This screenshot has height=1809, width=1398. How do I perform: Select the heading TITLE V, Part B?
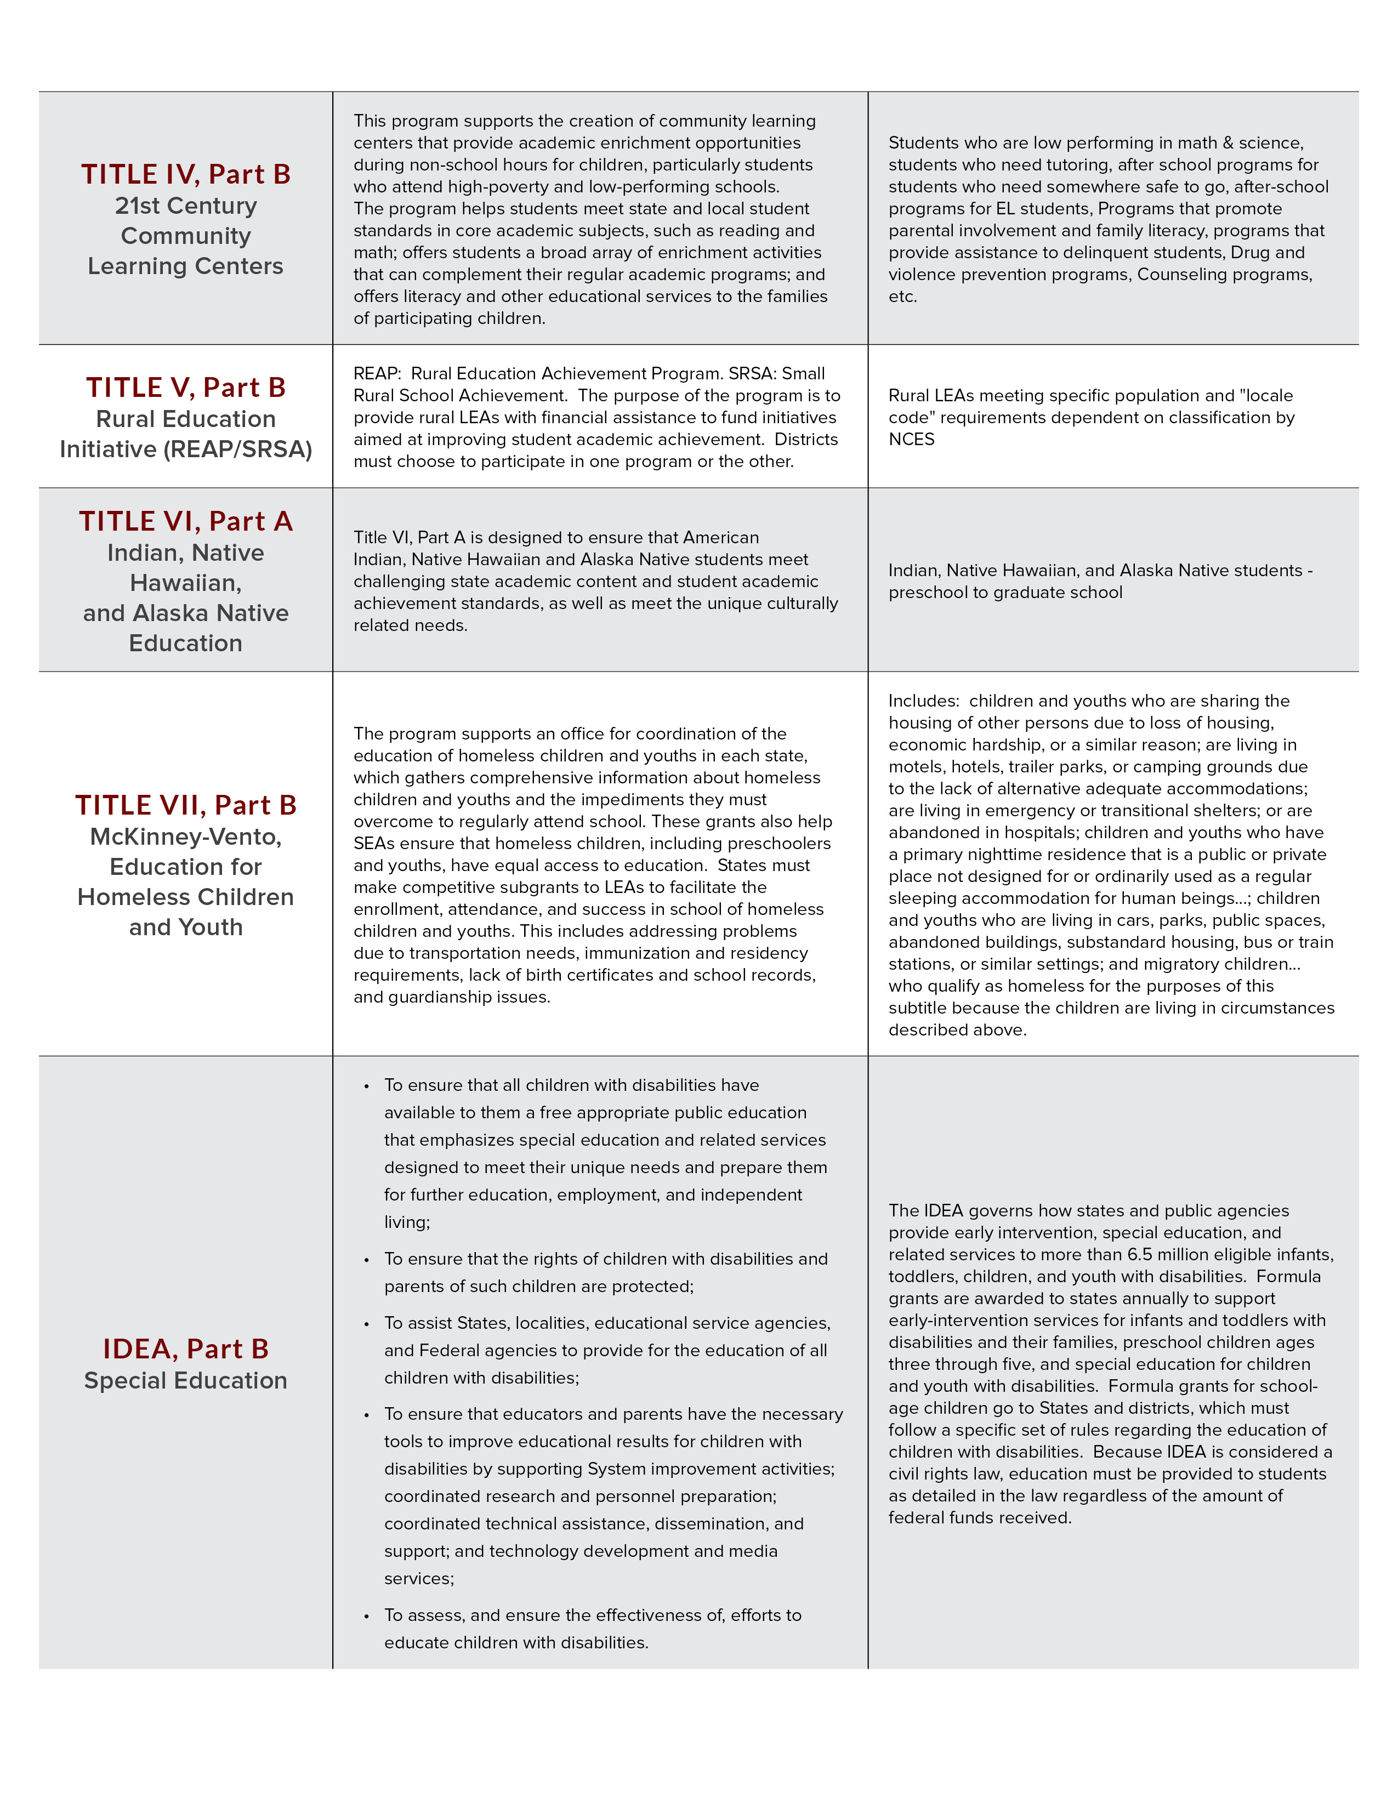(185, 388)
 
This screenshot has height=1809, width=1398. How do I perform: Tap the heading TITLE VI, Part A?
(185, 521)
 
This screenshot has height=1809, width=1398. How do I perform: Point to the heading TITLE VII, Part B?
(185, 805)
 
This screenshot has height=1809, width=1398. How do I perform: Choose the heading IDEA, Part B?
(185, 1349)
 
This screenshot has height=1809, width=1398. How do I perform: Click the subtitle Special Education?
(185, 1381)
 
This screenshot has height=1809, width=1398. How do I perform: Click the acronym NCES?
(911, 440)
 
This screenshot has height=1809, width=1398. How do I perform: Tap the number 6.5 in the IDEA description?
(1140, 1255)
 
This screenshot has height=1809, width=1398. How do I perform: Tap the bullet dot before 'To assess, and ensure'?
(366, 1616)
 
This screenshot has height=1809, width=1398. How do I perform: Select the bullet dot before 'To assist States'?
(366, 1324)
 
